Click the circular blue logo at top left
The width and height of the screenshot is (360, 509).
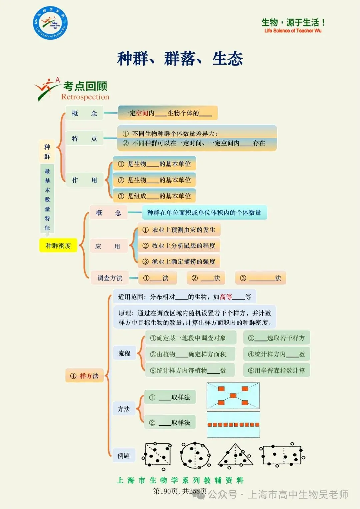pos(50,23)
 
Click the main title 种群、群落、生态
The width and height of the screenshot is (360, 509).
pos(180,59)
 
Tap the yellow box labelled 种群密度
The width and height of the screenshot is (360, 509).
pos(58,246)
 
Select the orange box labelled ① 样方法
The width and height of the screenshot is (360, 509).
pos(84,376)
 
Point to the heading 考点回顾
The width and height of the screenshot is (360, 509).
pos(85,86)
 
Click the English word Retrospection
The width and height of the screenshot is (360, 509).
pos(85,97)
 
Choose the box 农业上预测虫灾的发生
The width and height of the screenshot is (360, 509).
pos(179,230)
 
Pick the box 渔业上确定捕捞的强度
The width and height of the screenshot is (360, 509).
pos(179,262)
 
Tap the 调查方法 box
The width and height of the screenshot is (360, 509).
pos(110,278)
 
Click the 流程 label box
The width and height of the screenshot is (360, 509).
pos(124,353)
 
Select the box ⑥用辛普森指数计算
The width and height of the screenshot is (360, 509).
pos(276,370)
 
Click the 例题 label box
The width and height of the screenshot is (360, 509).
pos(124,456)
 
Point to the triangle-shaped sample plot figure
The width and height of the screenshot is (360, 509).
pos(236,455)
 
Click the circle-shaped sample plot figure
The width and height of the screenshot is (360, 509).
pos(195,455)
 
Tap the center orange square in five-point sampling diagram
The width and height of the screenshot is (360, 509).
pos(233,396)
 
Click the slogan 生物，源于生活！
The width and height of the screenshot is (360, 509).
pos(293,23)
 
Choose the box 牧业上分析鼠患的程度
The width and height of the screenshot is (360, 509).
pos(179,246)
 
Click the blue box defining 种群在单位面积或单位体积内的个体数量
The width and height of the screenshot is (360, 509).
pos(204,213)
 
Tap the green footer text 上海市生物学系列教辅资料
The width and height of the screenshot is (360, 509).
pos(180,480)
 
